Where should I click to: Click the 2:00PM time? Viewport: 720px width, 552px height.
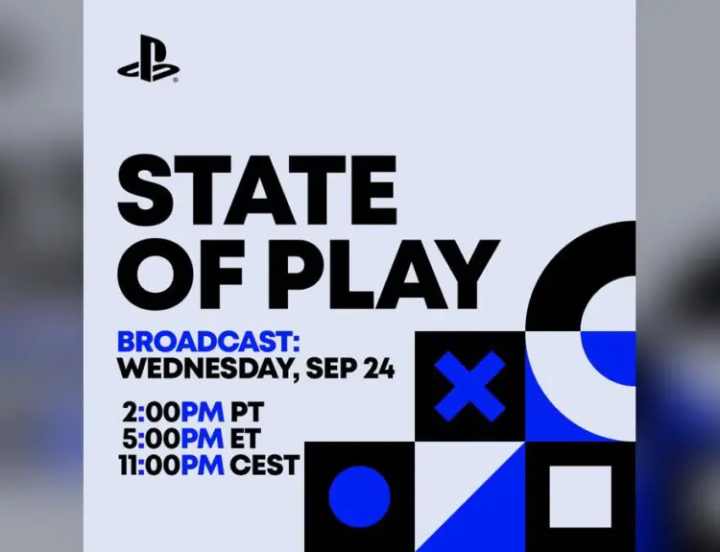(173, 414)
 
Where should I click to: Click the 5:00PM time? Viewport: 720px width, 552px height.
(173, 440)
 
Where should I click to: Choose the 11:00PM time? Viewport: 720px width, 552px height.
(171, 466)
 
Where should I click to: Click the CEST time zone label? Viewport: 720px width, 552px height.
(265, 466)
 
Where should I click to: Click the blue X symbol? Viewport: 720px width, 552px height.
(469, 386)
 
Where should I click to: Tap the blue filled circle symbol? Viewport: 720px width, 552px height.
(359, 496)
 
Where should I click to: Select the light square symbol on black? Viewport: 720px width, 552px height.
(580, 496)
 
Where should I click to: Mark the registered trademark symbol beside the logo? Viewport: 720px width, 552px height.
(176, 82)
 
